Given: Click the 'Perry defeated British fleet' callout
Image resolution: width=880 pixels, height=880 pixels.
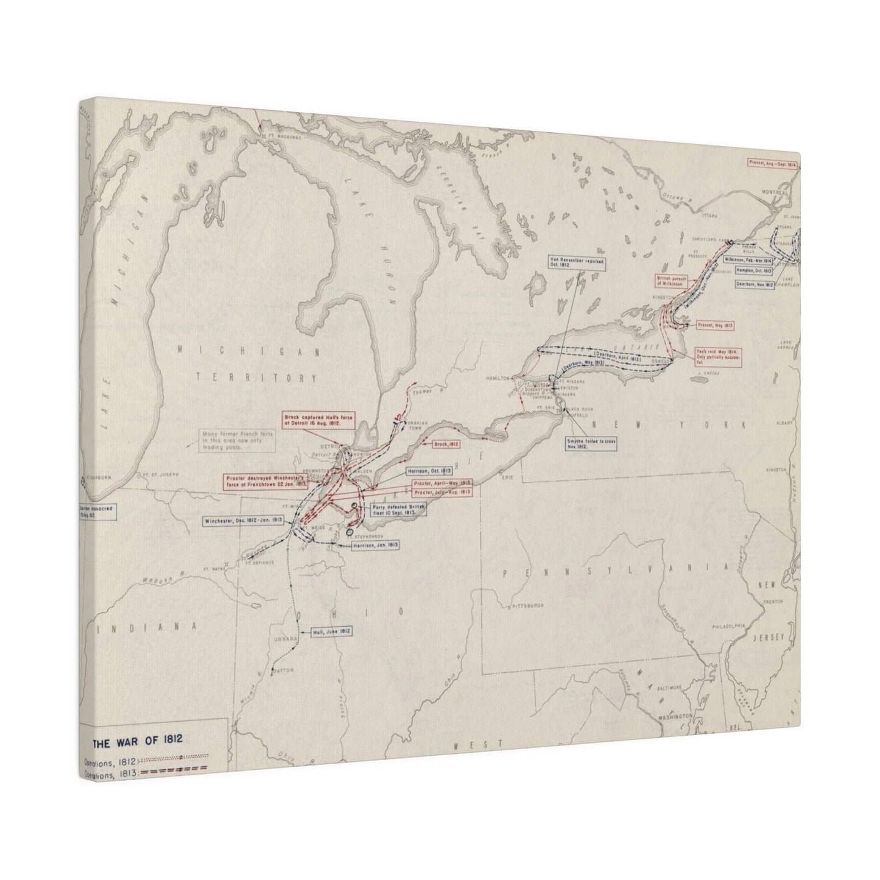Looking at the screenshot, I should point(393,509).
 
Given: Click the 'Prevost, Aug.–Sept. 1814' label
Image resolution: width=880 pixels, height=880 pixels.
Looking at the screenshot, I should point(772,163).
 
